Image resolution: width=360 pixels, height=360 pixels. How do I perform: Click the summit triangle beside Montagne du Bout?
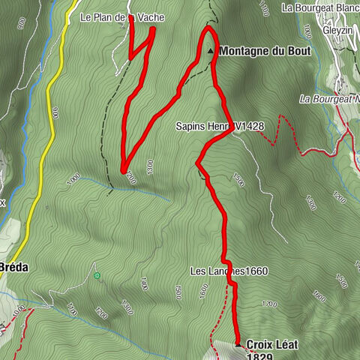(x=211, y=52)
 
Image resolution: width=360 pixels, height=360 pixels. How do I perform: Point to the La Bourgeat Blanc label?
(x=320, y=7)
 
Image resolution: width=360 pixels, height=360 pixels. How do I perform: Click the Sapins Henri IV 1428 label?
(x=220, y=127)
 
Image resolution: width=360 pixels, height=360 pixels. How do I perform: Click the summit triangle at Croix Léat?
(x=238, y=345)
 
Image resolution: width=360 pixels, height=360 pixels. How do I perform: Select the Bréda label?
(x=13, y=267)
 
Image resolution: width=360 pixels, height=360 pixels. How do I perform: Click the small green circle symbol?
(x=97, y=276)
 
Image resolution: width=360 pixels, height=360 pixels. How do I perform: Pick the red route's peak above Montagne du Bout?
(x=209, y=29)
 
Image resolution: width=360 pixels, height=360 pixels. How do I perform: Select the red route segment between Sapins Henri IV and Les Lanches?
(x=222, y=217)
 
